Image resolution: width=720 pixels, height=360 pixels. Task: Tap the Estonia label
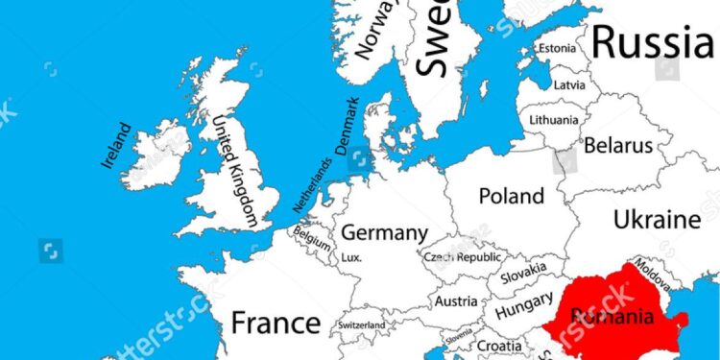click(557, 48)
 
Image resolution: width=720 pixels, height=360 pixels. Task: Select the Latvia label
click(568, 84)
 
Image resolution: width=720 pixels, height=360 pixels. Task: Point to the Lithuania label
click(554, 121)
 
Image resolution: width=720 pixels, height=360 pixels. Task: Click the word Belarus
click(618, 147)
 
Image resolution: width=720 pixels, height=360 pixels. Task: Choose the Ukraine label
click(657, 219)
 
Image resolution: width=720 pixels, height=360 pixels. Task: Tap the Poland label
click(511, 196)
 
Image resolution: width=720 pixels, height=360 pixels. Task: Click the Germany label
click(384, 233)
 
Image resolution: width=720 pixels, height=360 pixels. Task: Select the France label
click(276, 322)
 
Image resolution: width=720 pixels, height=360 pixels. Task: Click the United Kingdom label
click(235, 172)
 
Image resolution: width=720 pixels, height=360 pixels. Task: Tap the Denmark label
click(347, 126)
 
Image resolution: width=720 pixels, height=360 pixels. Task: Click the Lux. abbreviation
click(351, 258)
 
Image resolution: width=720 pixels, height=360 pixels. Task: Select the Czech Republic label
click(463, 257)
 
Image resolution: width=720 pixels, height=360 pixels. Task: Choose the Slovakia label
click(522, 274)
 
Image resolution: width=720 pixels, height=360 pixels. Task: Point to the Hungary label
click(524, 309)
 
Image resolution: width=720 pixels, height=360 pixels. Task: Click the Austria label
click(456, 301)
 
